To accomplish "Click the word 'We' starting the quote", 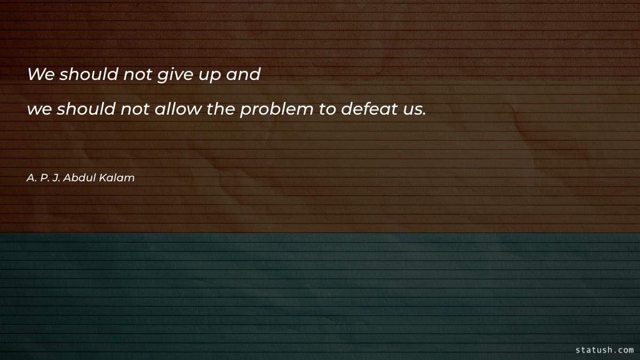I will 41,75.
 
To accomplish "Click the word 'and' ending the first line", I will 243,75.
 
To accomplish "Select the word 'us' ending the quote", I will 412,110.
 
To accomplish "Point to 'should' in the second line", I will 86,109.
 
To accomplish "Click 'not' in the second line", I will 135,110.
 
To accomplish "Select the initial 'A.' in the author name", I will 31,178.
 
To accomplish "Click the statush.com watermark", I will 604,350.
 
